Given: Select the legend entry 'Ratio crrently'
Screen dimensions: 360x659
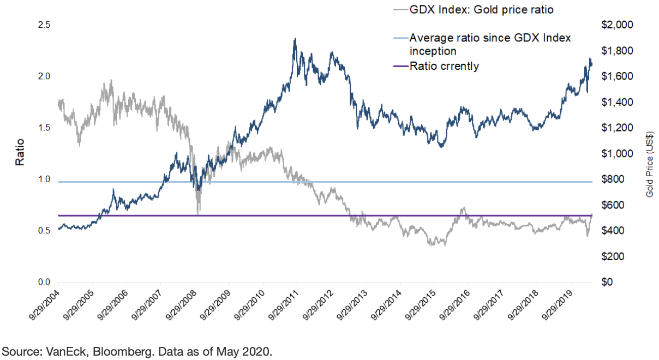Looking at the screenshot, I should [444, 67].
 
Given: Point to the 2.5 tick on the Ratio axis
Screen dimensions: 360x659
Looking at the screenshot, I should [44, 25].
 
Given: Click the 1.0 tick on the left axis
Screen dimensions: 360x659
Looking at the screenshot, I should [44, 179].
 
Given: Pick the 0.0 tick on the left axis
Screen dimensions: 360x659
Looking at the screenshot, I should [44, 283].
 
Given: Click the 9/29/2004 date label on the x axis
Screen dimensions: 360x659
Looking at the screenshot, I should [43, 305].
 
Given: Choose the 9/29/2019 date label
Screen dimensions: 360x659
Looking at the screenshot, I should [557, 305].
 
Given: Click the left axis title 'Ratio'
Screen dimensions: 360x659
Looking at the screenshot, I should [20, 154].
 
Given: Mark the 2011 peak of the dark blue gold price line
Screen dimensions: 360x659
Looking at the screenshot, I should [295, 39].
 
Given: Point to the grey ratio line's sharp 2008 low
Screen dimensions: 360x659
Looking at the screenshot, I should [198, 214].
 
